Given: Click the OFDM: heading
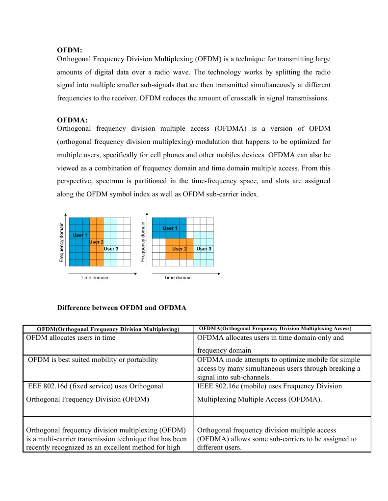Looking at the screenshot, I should click(69, 50).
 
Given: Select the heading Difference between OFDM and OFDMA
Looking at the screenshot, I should click(122, 308).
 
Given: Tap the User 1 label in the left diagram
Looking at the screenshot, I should click(80, 236).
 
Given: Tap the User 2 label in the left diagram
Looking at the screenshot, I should click(96, 242).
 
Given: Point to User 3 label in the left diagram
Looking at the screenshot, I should click(111, 249).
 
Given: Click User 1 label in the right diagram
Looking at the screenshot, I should click(170, 228).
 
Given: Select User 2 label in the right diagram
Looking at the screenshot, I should click(180, 249).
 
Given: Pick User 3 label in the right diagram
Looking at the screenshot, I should click(204, 249).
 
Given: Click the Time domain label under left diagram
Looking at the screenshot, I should click(94, 278).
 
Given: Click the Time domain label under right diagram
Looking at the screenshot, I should click(178, 278).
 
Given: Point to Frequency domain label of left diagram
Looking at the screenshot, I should click(62, 242).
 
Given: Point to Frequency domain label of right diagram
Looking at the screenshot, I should click(143, 241).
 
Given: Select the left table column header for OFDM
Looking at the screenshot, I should click(108, 329).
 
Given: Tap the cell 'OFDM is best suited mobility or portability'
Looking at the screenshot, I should click(93, 359).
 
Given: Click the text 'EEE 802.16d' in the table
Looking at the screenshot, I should click(48, 386).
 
